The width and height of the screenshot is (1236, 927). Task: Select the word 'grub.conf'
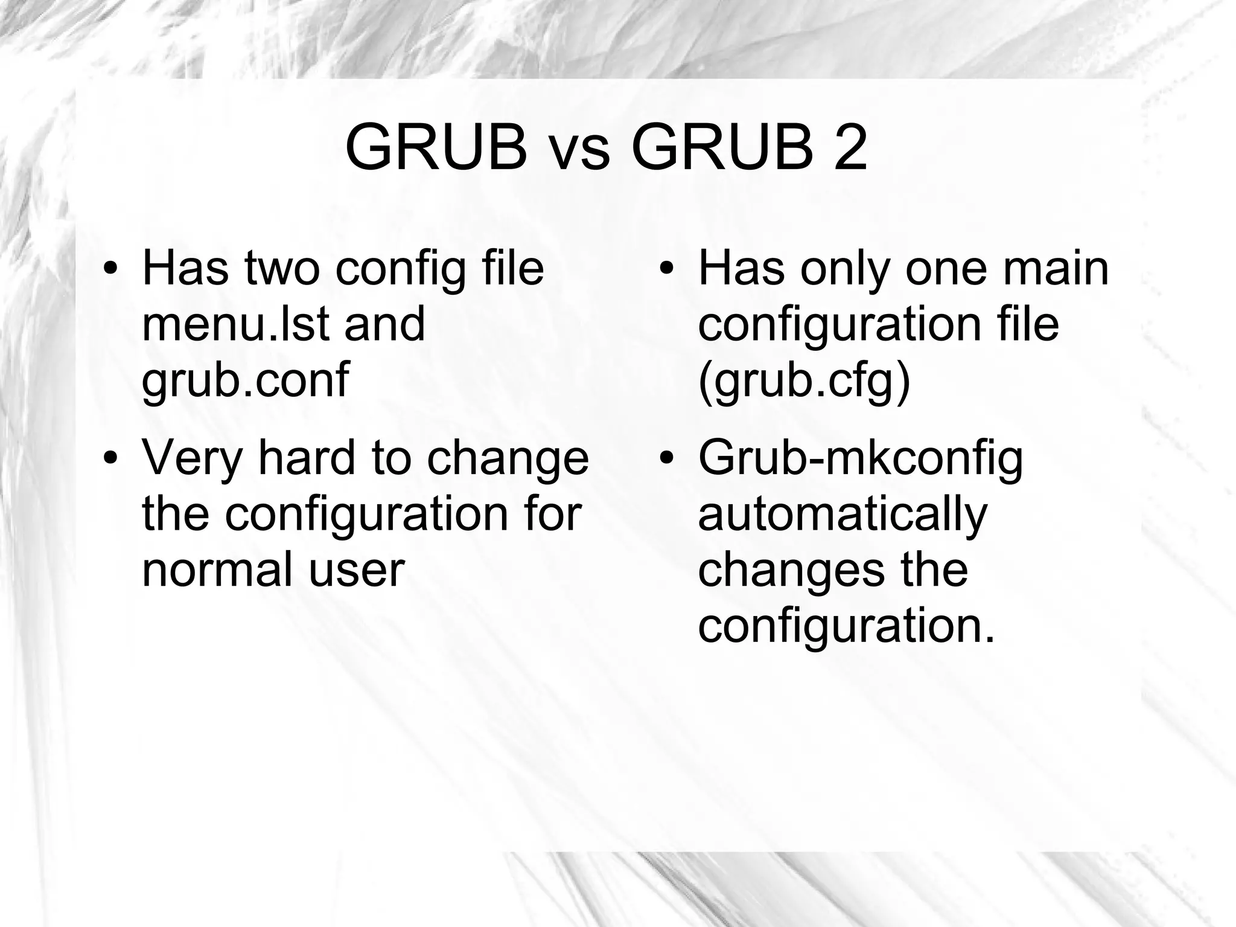point(245,380)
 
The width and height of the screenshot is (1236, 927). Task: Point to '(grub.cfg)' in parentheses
point(803,380)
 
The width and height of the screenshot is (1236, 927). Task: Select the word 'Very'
point(192,458)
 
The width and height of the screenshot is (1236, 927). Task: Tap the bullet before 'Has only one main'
point(666,269)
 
